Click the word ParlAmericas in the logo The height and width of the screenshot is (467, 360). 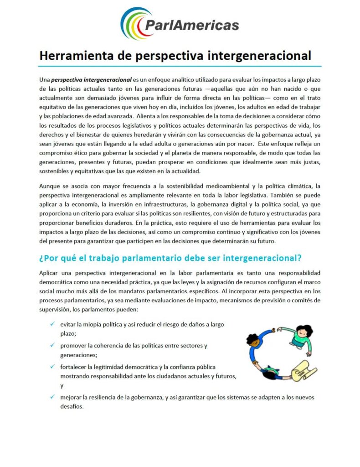click(191, 25)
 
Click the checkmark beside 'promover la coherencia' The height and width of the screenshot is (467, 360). click(53, 345)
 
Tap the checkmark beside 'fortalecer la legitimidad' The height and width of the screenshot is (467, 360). click(53, 367)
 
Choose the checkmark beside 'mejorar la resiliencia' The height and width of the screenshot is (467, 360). click(53, 397)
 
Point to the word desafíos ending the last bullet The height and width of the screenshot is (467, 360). click(72, 407)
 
